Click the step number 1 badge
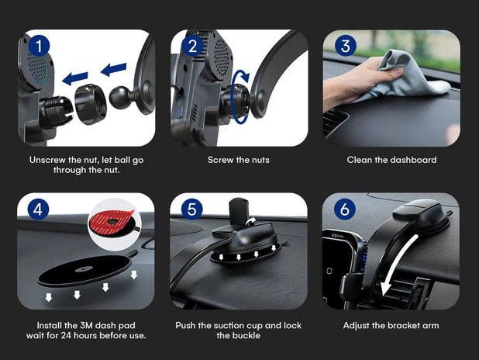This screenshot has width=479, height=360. pyautogui.click(x=39, y=47)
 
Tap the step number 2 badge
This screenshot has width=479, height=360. pyautogui.click(x=192, y=47)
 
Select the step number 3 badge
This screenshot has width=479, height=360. pyautogui.click(x=346, y=46)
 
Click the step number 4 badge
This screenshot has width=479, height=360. pyautogui.click(x=38, y=209)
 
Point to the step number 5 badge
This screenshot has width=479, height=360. pyautogui.click(x=191, y=209)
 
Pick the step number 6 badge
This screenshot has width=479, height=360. pyautogui.click(x=345, y=209)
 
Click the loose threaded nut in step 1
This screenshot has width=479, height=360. pyautogui.click(x=90, y=104)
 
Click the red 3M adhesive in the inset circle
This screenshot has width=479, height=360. pyautogui.click(x=111, y=221)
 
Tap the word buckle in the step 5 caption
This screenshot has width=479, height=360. pyautogui.click(x=250, y=335)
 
